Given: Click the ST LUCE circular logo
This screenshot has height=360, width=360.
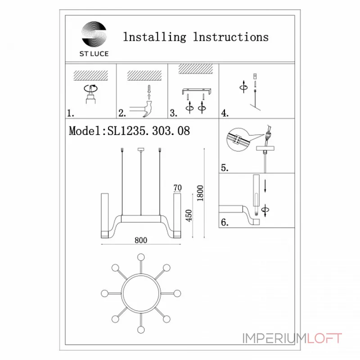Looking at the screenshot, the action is (x=94, y=34).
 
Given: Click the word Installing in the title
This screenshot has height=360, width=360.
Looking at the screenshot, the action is (x=154, y=37).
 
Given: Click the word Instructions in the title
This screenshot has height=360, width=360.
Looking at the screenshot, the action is (x=231, y=37).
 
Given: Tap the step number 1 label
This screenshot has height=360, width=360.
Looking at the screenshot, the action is (x=71, y=113).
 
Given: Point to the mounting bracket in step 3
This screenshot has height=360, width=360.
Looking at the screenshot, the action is (x=197, y=91).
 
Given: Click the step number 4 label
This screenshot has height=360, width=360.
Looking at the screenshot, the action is (x=225, y=113).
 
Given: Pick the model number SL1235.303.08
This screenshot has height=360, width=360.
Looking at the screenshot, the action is (x=148, y=131).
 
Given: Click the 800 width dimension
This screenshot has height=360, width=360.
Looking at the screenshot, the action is (x=141, y=240).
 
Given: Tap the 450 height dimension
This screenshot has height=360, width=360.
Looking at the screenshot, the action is (x=189, y=216).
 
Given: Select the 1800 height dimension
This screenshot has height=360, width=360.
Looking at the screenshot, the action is (x=200, y=193).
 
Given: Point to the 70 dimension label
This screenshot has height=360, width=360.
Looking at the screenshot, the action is (x=177, y=188).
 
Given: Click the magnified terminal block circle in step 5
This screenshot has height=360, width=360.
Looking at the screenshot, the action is (x=238, y=139).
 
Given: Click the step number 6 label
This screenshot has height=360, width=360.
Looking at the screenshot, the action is (x=225, y=222).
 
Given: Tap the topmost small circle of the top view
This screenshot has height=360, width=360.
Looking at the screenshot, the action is (x=141, y=257).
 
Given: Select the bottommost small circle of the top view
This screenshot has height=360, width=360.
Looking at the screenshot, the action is (x=141, y=330).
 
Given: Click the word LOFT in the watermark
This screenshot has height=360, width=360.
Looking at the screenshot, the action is (x=324, y=338).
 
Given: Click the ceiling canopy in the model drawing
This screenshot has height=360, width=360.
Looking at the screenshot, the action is (x=141, y=150).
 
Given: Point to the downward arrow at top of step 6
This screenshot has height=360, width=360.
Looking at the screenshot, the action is (x=265, y=186).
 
